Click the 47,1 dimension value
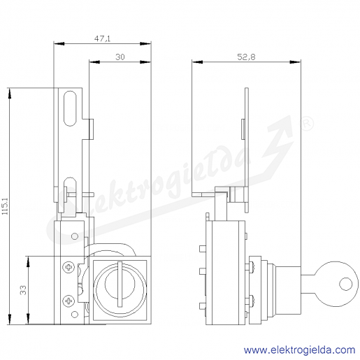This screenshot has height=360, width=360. pos(102,38)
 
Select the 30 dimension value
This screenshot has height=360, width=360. pos(120,57)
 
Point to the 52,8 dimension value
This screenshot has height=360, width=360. pos(246,57)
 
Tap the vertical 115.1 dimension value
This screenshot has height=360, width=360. pos(5,206)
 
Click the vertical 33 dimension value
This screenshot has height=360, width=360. pos(23,290)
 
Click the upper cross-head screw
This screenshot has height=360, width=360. pos(69,267)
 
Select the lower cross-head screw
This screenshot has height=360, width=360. pos(69,301)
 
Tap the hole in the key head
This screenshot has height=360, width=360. pos(346,284)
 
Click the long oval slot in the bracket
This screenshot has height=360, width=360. pos(70,108)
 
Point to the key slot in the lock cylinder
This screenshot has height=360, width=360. pos(120,284)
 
